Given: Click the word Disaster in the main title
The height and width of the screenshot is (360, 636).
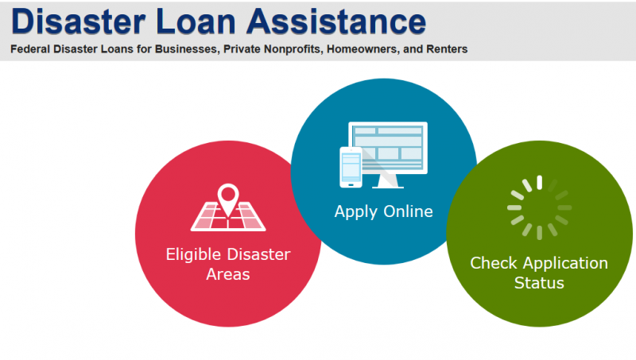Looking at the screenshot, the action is point(78,21).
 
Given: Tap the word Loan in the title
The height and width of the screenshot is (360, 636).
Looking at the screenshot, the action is point(196,21).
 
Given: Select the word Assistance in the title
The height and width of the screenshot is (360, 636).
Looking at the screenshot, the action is point(336,21).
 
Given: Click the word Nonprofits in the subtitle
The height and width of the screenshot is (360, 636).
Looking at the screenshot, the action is point(293,49).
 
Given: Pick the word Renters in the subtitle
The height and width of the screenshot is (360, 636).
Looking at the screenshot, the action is point(447,49).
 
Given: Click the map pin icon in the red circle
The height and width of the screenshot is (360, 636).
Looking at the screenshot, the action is point(228,199).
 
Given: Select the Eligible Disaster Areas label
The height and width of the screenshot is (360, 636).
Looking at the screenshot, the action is point(228,265).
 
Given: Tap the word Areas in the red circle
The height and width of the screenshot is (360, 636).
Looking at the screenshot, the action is point(228,274).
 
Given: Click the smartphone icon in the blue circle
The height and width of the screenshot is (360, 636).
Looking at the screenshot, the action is point(351,168).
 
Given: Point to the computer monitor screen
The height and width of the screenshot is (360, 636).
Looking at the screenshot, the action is point(388,148).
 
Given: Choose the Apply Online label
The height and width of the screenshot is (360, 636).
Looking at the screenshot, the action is point(384,211).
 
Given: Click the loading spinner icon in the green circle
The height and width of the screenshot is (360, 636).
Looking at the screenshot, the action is point(540,207).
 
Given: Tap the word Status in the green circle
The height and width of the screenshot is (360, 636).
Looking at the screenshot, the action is point(539,283).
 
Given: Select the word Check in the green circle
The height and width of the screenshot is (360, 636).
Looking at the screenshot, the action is point(494,263).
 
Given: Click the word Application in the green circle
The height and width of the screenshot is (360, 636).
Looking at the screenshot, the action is point(565,264).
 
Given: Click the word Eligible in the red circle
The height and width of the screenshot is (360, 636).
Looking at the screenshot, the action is point(194,255).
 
